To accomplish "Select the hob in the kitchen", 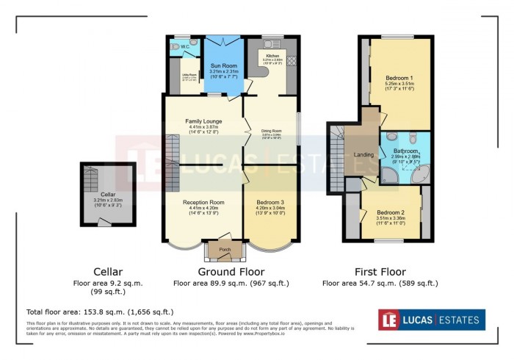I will (x=291, y=61).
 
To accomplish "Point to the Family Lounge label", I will (x=203, y=121).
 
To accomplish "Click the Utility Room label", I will (x=188, y=74).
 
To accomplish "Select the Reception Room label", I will (x=203, y=202).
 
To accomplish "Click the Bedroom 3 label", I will (x=272, y=202).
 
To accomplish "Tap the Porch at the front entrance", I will (x=224, y=250).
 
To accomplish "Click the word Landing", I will (x=363, y=155).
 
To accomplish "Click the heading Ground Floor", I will (x=231, y=271).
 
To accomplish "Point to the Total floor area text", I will (x=100, y=312).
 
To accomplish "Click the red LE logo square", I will (x=389, y=320).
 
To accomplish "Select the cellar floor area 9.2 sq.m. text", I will (x=108, y=282).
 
